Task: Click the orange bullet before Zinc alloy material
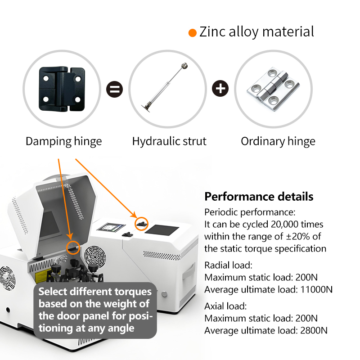click(x=193, y=32)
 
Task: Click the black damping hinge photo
click(x=62, y=89)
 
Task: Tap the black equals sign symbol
click(x=115, y=89)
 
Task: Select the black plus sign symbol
click(x=220, y=88)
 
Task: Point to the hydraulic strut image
click(x=164, y=87)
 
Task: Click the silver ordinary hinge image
click(x=273, y=89)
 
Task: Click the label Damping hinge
click(x=63, y=141)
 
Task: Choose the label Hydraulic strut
click(x=169, y=141)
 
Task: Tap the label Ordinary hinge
click(x=278, y=141)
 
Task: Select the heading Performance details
click(x=259, y=197)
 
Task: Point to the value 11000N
click(x=316, y=289)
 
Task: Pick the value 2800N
click(x=314, y=330)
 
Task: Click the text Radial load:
click(x=228, y=265)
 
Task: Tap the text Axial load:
click(x=225, y=306)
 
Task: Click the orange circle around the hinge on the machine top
click(x=141, y=217)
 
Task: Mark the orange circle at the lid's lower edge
click(x=73, y=241)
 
